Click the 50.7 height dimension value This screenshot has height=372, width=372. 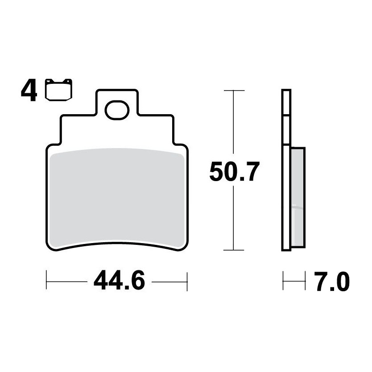click(235, 172)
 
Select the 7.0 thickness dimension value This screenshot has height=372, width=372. click(332, 281)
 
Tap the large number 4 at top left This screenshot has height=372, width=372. click(29, 91)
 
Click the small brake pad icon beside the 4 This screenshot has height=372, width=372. click(58, 90)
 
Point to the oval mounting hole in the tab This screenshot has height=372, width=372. click(117, 110)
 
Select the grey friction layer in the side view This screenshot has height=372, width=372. click(298, 198)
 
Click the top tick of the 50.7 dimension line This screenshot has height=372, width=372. click(234, 91)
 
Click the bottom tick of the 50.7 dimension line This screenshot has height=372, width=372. click(234, 250)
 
